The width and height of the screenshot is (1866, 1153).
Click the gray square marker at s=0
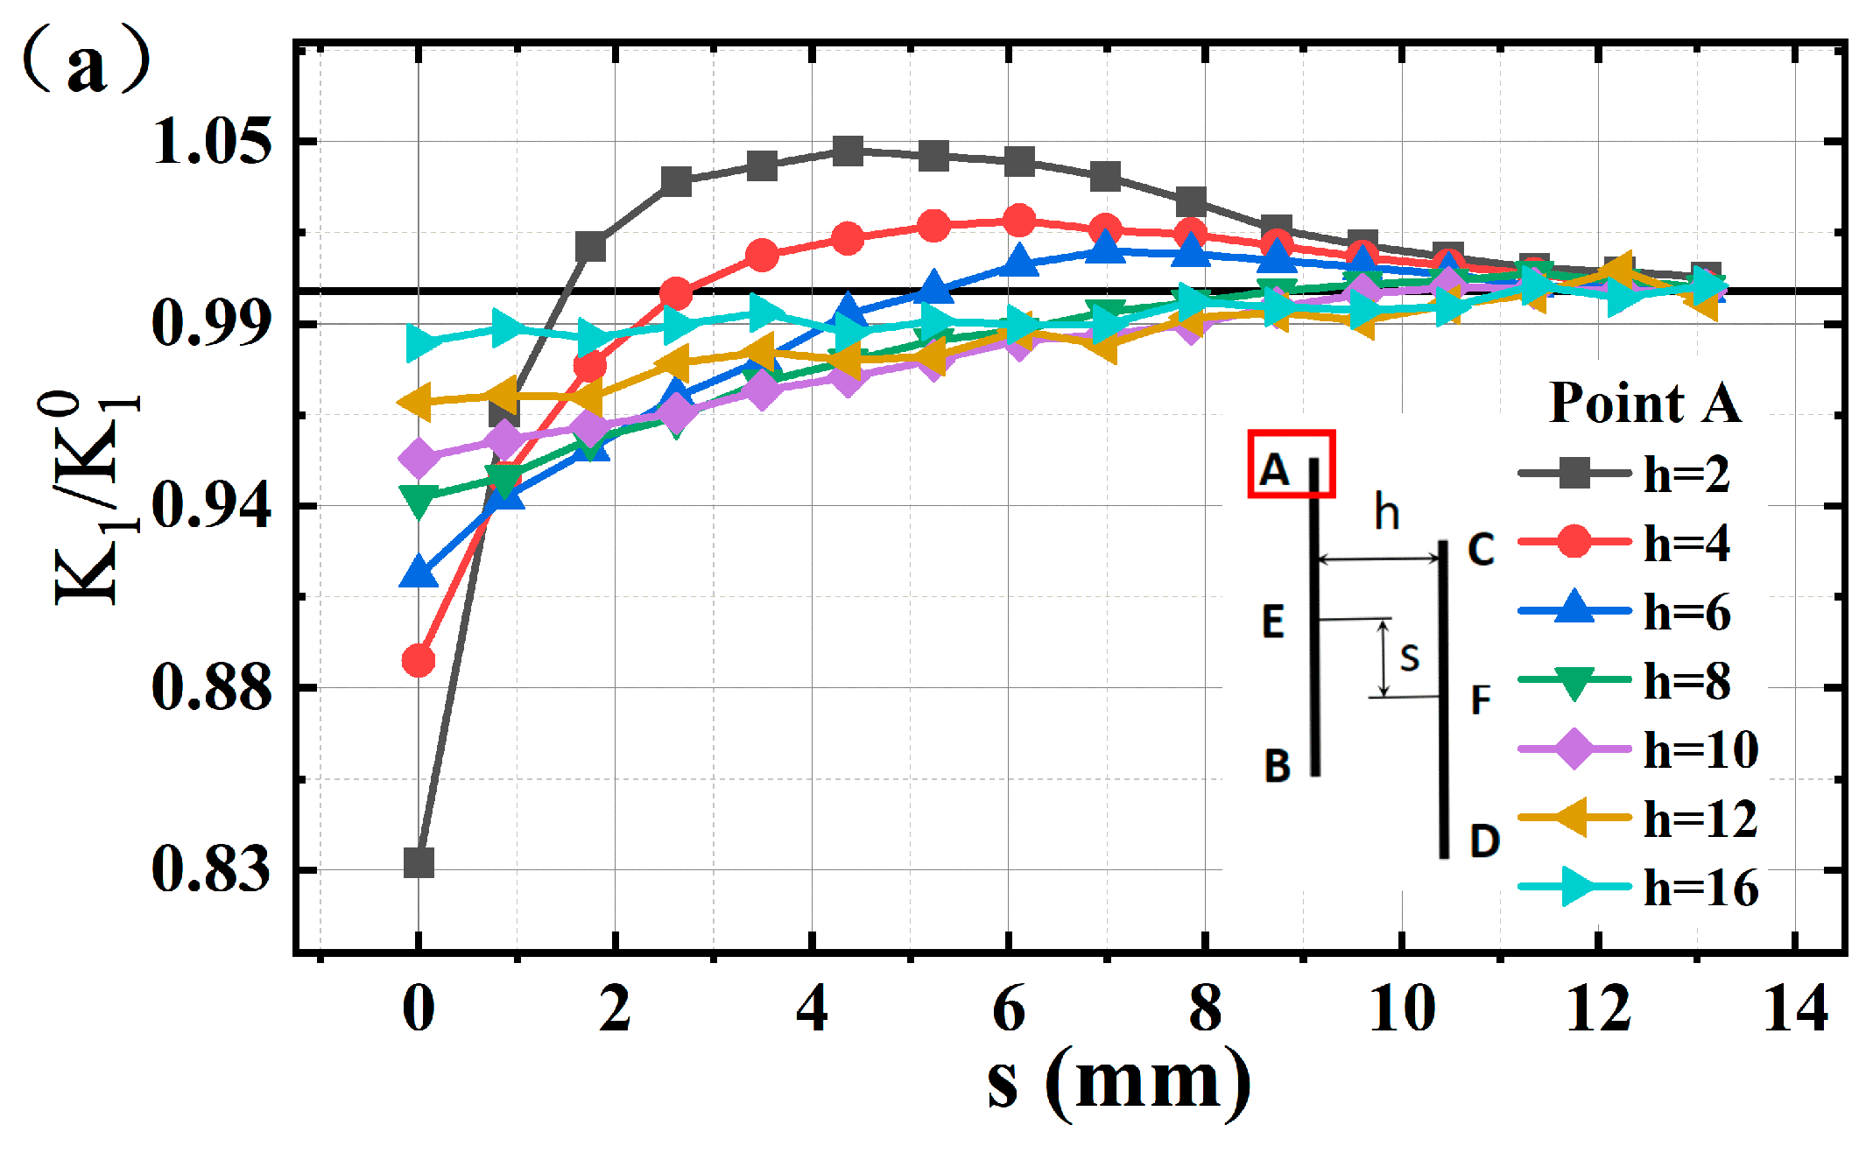pyautogui.click(x=419, y=862)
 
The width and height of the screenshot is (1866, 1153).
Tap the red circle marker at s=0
pyautogui.click(x=419, y=660)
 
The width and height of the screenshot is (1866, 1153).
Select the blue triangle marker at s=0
pyautogui.click(x=419, y=573)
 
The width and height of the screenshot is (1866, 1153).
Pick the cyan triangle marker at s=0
pyautogui.click(x=421, y=343)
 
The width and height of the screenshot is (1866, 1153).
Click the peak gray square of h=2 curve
pyautogui.click(x=848, y=151)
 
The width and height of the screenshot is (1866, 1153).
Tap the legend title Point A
pyautogui.click(x=1645, y=404)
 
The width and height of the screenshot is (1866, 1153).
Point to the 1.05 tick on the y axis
pyautogui.click(x=211, y=141)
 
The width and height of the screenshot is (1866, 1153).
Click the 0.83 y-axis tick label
pyautogui.click(x=211, y=869)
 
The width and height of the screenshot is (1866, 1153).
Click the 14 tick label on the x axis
pyautogui.click(x=1795, y=1009)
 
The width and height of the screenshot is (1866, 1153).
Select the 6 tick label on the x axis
pyautogui.click(x=1009, y=1009)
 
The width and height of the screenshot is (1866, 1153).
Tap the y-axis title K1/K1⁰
pyautogui.click(x=93, y=499)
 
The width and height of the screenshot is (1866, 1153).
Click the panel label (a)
pyautogui.click(x=86, y=63)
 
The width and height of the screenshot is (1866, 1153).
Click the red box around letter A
pyautogui.click(x=1291, y=464)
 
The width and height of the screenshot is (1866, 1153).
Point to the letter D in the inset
pyautogui.click(x=1484, y=840)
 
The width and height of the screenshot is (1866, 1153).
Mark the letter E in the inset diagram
pyautogui.click(x=1273, y=622)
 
